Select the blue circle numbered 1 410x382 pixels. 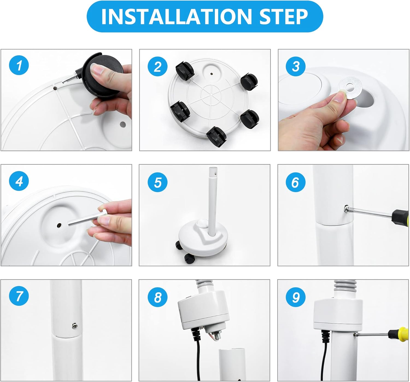[x=19, y=65]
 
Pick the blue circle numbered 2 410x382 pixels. [x=157, y=66]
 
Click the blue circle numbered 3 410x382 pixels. [x=296, y=66]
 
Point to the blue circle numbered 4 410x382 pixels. [x=19, y=181]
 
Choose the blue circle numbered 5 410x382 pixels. [x=157, y=182]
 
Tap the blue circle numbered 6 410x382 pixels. [x=296, y=182]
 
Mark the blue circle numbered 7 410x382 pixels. [x=19, y=296]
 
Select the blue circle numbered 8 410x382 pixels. [x=157, y=297]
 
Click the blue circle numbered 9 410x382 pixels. [x=296, y=297]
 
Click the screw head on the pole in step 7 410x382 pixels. [x=74, y=326]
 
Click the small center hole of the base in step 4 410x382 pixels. [x=59, y=225]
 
